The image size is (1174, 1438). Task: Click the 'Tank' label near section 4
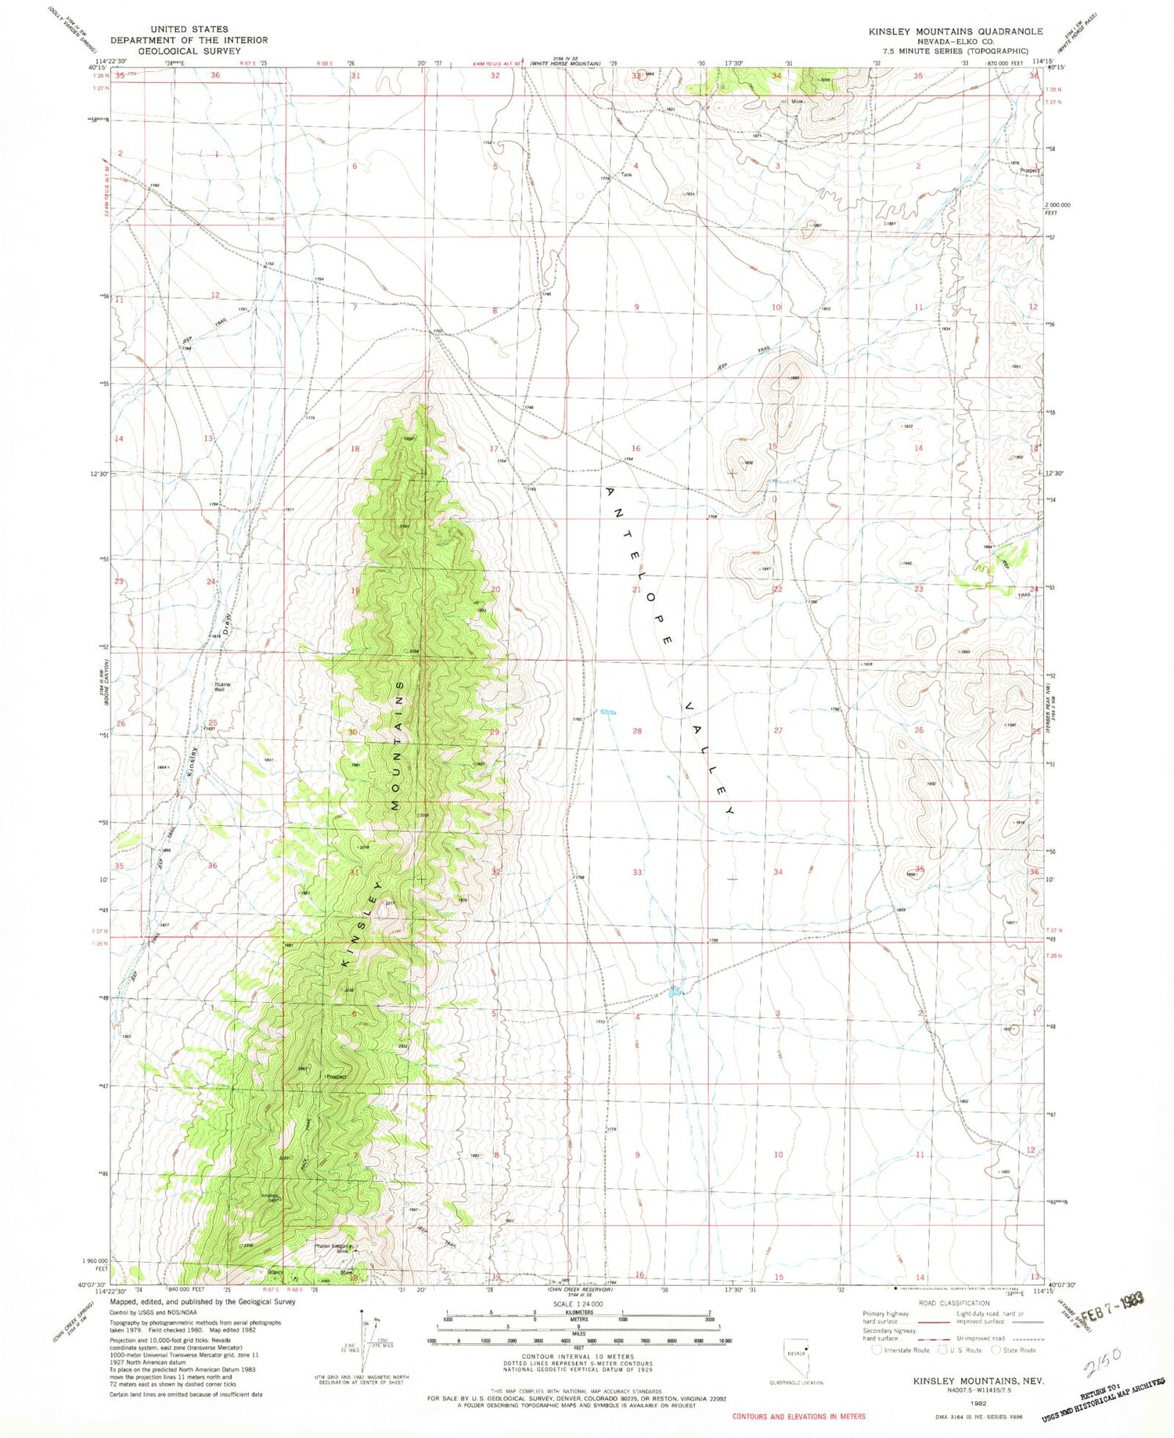[x=625, y=175]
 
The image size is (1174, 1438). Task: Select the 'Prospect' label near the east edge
[x=1028, y=170]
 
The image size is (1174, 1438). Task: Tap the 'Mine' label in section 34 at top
[x=798, y=101]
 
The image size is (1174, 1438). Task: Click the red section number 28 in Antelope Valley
[x=637, y=730]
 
